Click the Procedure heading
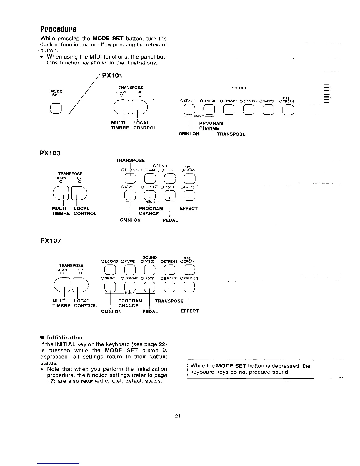(58, 29)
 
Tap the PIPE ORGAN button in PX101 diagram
(288, 110)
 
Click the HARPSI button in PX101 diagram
(269, 110)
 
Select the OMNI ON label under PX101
(189, 134)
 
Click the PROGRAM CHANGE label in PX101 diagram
(211, 126)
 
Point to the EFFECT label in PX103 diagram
(189, 208)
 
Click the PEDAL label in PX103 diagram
(170, 220)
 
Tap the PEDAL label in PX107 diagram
(150, 312)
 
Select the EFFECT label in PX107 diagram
(189, 311)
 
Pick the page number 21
(177, 416)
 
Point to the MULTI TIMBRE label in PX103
(61, 211)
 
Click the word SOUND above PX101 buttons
(239, 88)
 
